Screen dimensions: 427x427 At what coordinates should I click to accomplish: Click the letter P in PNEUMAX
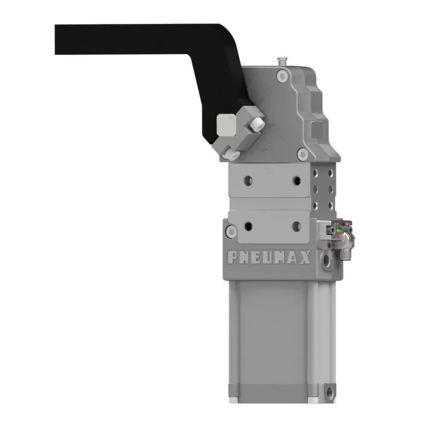tap(231, 257)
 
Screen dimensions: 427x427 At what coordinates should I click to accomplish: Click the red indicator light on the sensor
tap(344, 224)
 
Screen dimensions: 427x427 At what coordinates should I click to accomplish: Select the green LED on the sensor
tap(340, 227)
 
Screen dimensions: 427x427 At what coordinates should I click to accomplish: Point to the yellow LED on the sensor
tap(337, 231)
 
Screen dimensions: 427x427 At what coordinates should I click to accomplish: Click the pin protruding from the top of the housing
tap(281, 60)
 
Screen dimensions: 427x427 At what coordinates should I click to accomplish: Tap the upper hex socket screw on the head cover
tap(281, 76)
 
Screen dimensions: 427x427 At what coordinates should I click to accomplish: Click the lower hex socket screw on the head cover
tap(302, 152)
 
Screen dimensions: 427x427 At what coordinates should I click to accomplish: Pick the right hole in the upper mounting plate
tap(296, 181)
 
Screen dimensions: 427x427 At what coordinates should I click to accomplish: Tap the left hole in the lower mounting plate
tap(247, 226)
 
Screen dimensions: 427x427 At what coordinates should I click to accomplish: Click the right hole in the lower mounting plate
tap(296, 226)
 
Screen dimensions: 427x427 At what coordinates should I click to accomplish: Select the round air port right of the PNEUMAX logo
tap(327, 258)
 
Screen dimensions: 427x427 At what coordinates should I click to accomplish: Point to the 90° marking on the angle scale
tap(264, 150)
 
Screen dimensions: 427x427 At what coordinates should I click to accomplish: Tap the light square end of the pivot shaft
tap(225, 124)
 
